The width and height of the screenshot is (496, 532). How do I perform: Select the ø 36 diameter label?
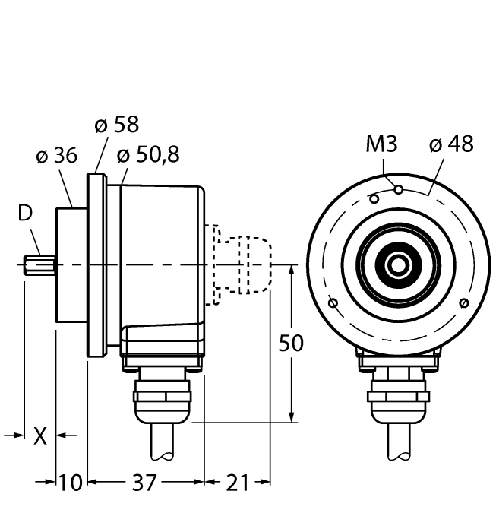[x=56, y=156]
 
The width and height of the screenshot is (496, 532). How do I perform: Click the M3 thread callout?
[x=381, y=144]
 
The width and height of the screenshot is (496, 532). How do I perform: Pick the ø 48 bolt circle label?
[x=451, y=144]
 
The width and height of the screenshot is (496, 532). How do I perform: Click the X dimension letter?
[x=41, y=435]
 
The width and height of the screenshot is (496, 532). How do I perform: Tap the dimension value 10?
[x=71, y=482]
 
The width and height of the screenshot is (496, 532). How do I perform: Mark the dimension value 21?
[x=238, y=482]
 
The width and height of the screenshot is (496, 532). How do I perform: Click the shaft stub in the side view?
[x=39, y=265]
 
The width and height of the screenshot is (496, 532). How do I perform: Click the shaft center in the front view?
[x=397, y=265]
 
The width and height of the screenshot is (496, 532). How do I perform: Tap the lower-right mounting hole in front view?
[x=463, y=303]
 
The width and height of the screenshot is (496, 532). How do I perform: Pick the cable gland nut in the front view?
[x=397, y=394]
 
